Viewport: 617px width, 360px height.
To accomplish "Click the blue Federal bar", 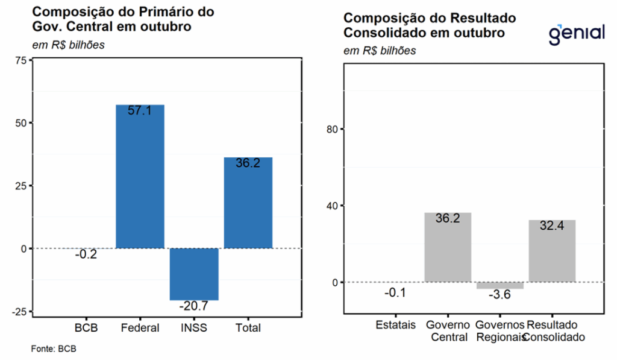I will (x=140, y=181).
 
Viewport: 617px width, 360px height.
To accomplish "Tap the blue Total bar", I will (x=248, y=205).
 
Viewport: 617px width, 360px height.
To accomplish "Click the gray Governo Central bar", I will (x=448, y=250).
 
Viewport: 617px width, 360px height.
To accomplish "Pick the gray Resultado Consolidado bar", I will (x=552, y=253).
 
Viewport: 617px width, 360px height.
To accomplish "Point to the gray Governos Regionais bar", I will (x=500, y=285).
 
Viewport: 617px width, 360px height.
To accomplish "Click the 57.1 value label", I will (x=140, y=111).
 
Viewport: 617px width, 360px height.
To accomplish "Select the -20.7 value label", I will (x=194, y=306).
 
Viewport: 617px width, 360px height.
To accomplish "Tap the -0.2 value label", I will (x=86, y=254).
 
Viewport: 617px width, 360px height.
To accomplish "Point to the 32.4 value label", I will (x=552, y=227).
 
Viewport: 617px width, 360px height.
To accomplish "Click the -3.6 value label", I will (x=500, y=295).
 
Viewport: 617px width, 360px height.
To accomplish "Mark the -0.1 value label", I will (x=395, y=293).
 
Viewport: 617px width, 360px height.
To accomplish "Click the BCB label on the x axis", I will (x=86, y=328).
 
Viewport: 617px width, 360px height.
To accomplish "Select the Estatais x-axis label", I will (x=396, y=325).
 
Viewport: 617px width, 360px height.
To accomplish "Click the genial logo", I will (x=576, y=33).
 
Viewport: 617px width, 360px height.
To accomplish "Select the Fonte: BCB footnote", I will (x=54, y=349).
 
